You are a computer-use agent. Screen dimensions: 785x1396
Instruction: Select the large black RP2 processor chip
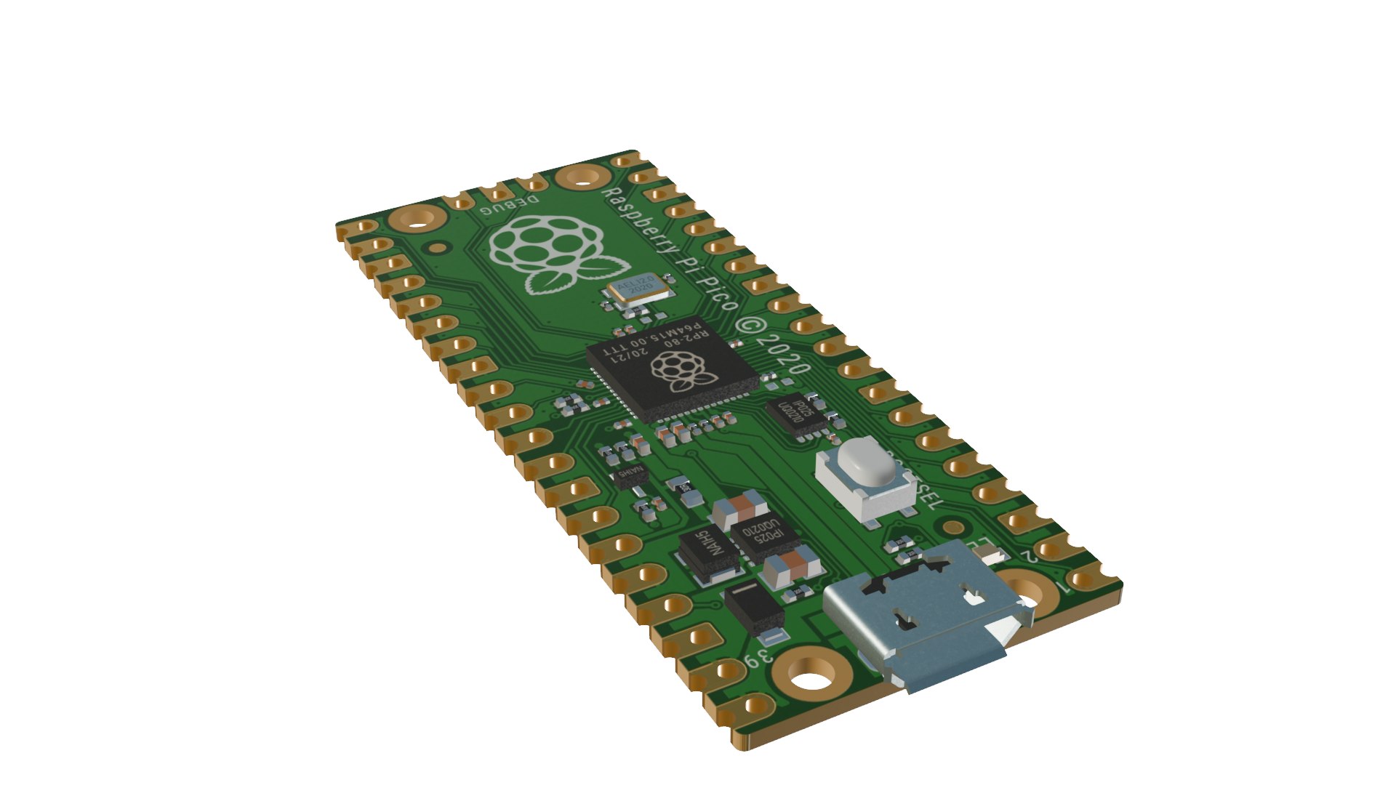(672, 378)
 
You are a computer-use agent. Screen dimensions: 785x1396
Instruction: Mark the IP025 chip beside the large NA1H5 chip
(763, 538)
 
